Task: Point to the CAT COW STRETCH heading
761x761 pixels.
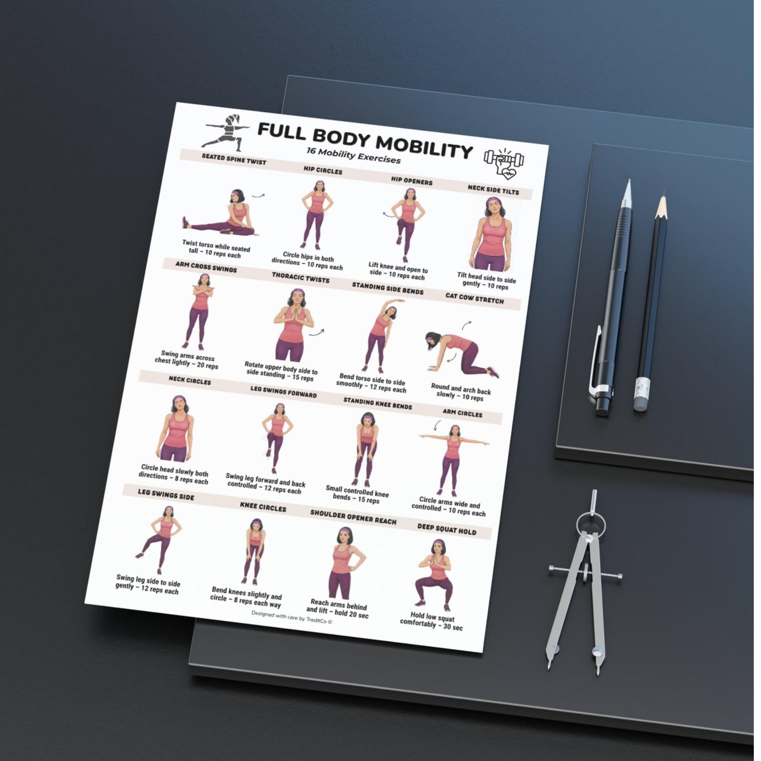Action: [474, 298]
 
